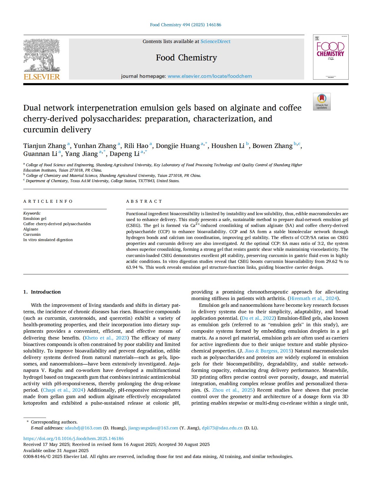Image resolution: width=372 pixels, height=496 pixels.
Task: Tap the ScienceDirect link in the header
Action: tap(215, 42)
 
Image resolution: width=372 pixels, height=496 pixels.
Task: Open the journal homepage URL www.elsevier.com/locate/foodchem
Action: tap(210, 76)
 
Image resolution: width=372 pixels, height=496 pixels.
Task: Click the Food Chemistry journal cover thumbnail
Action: tap(330, 57)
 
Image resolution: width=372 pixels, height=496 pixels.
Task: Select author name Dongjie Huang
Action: tap(178, 146)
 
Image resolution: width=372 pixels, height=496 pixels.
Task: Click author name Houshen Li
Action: tap(228, 146)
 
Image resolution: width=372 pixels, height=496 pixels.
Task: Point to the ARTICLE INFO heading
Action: tap(48, 201)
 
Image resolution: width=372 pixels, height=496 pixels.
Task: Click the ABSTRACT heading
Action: tap(144, 201)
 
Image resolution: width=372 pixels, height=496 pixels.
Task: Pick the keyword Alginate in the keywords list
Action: tap(31, 229)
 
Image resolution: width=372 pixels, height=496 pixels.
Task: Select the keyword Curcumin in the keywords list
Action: tap(32, 235)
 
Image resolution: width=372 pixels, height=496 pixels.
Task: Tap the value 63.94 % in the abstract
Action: tap(135, 267)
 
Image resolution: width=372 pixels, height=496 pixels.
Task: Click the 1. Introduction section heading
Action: tap(42, 292)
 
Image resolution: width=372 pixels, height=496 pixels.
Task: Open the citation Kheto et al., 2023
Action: tap(106, 338)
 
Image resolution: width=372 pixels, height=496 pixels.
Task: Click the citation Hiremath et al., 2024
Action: tap(313, 298)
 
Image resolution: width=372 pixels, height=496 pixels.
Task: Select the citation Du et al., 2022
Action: tap(258, 318)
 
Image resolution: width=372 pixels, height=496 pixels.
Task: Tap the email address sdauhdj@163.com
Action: tap(83, 428)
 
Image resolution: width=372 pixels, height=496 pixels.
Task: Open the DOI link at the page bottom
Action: tap(73, 439)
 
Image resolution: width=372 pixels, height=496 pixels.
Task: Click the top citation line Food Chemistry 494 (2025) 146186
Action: tap(186, 25)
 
